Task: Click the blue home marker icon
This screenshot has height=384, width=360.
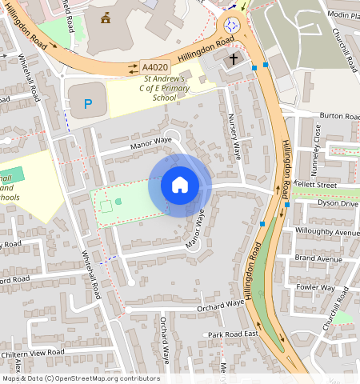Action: (x=180, y=186)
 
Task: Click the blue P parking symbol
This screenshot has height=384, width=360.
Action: (x=88, y=103)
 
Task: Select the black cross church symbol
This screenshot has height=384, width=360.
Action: (x=234, y=59)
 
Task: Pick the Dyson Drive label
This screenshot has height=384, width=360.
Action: (x=338, y=203)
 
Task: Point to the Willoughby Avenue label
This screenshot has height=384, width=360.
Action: (x=327, y=233)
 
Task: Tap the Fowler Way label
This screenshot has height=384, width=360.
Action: (x=315, y=286)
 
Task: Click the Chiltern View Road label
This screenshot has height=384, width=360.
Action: (x=32, y=352)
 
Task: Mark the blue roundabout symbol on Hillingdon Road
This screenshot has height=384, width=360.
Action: (x=234, y=26)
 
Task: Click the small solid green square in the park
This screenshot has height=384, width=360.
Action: (x=119, y=202)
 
